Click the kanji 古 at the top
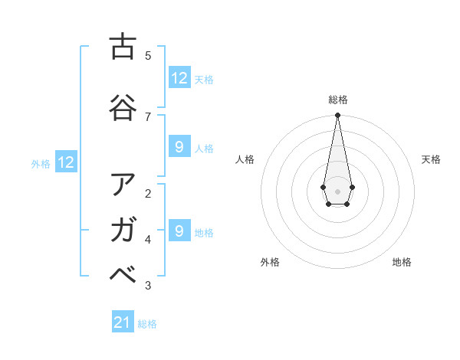(x=123, y=47)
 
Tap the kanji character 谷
(x=123, y=107)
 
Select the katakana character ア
(x=123, y=185)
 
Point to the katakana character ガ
(x=123, y=229)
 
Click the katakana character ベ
(x=123, y=274)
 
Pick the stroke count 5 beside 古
(x=148, y=55)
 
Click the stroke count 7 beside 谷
(x=148, y=116)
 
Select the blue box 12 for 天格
(x=179, y=78)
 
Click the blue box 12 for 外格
(x=66, y=162)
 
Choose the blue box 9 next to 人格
(x=179, y=147)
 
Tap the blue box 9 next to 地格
(x=179, y=231)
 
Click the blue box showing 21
(x=123, y=322)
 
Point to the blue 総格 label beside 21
(x=147, y=324)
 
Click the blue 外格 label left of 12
(x=41, y=163)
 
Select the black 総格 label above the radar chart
(x=338, y=100)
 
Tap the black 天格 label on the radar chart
(x=431, y=159)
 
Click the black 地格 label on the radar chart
(x=402, y=262)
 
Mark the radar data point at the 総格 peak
(x=337, y=116)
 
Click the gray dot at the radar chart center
(x=337, y=190)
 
